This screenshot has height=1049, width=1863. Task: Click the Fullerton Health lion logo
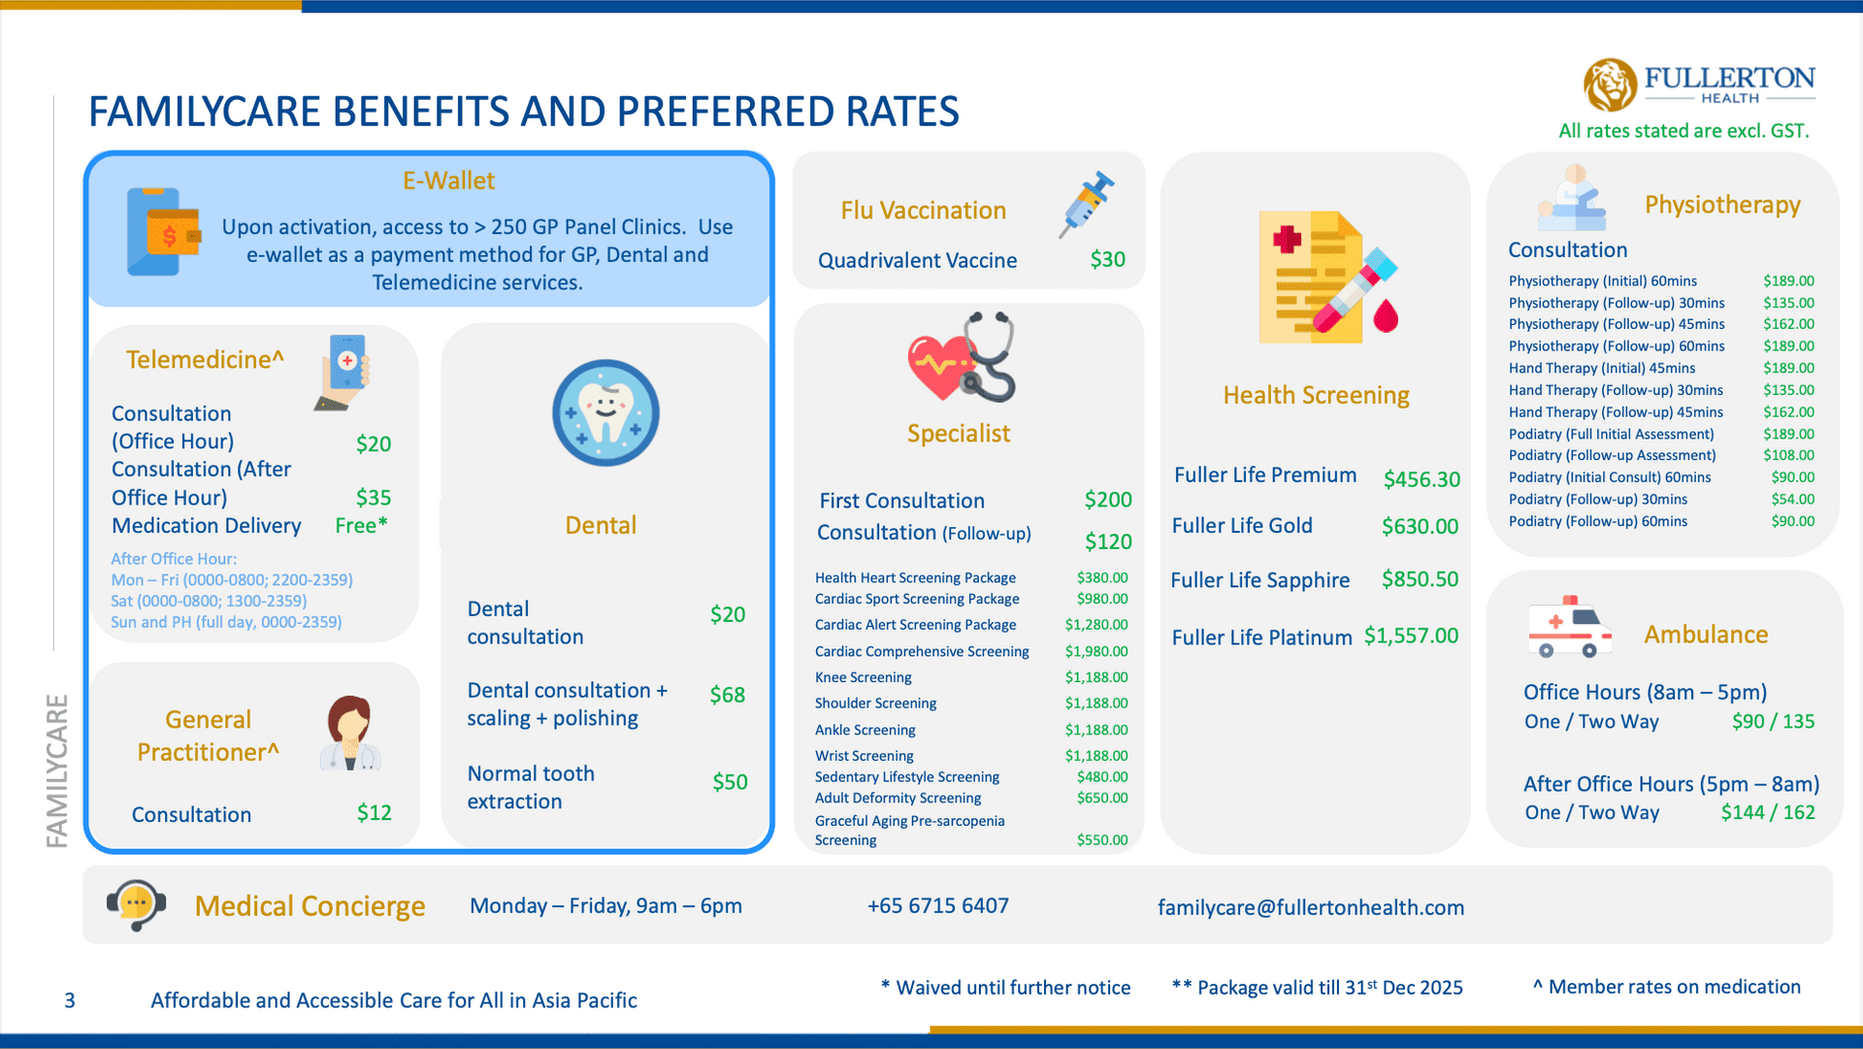1610,84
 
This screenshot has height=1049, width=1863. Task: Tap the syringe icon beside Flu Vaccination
1087,204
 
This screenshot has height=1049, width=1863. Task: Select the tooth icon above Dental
605,412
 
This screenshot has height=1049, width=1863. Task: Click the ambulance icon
1569,628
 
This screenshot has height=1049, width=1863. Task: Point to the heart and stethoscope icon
962,358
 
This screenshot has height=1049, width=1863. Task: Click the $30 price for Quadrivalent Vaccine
1107,259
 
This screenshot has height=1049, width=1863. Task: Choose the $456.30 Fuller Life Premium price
1422,478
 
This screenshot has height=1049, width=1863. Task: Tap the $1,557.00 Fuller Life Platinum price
1411,636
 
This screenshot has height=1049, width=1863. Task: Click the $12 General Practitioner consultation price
374,812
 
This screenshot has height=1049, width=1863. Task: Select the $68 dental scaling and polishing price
727,695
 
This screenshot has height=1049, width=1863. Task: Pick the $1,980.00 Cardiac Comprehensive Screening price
1096,651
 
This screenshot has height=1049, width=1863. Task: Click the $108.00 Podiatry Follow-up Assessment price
1788,455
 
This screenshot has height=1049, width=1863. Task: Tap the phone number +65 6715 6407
937,905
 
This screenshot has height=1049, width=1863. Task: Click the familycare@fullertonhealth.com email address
1310,907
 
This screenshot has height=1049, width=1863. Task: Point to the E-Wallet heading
448,180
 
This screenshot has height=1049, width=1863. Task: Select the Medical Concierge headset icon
136,904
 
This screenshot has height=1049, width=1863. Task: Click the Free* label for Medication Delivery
361,525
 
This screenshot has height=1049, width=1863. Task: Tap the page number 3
70,1000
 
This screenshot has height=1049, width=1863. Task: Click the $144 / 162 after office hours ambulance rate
1767,812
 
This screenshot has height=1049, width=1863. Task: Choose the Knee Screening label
863,677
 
